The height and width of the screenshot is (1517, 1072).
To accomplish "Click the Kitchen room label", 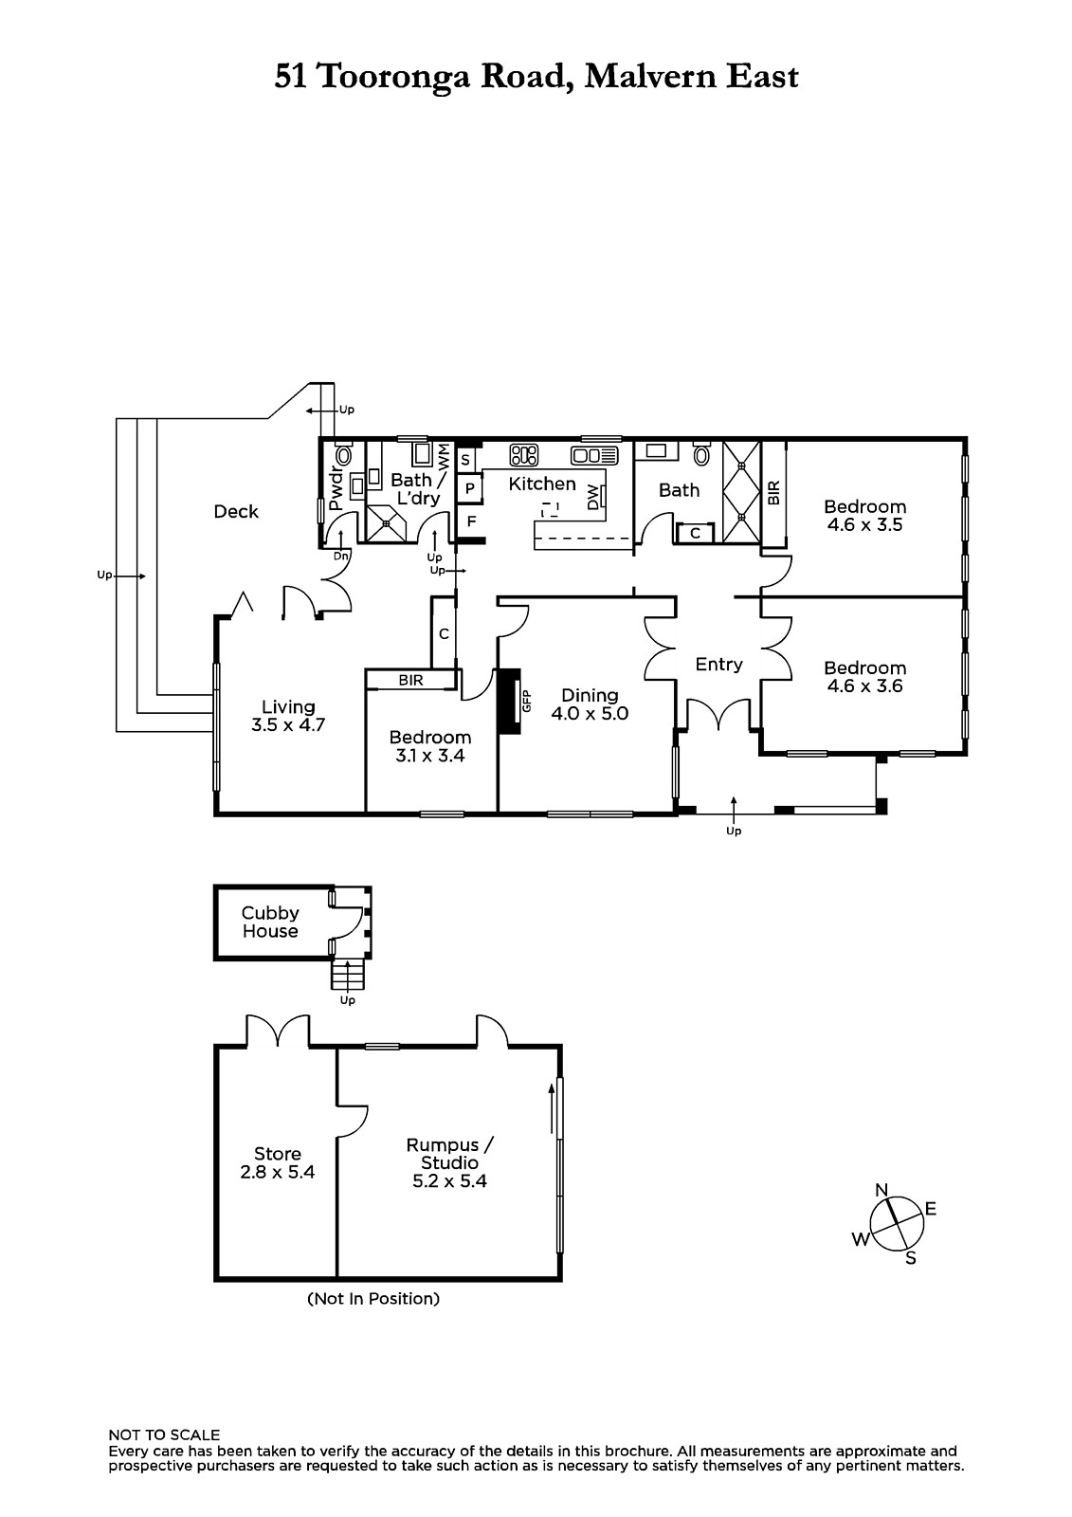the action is coord(542,484).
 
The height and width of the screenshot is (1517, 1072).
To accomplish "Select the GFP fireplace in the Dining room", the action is coord(510,702).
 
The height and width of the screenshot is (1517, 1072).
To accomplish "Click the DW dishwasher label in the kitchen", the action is coord(593,500).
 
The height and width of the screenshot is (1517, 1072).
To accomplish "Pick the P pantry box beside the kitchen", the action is coord(469,488).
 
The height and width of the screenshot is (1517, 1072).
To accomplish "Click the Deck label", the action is coord(236,511).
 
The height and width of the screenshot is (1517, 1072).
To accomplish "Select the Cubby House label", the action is coord(270,922).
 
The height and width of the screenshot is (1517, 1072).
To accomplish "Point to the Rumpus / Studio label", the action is coord(450,1154).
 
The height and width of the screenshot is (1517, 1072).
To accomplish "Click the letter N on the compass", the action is coord(881,1190).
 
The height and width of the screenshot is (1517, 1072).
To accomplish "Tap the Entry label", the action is coord(718,665).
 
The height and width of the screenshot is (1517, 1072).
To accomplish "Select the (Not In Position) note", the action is coord(373,1298).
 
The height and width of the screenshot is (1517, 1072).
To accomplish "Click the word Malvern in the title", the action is coord(651,76).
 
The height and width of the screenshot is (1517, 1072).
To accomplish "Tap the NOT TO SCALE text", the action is coord(164,1435).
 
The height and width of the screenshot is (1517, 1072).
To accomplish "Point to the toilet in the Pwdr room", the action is coord(344,453).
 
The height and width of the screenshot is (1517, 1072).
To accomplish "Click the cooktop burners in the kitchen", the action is coord(523,455).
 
